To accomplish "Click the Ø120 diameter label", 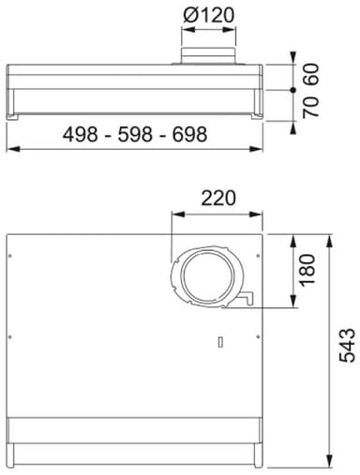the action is tap(208, 15).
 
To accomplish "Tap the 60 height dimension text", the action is tap(311, 74).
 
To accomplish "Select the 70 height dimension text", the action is tap(311, 107).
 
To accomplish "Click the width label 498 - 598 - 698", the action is tap(135, 134).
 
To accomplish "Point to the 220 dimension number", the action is tap(217, 198).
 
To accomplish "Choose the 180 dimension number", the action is tap(307, 270).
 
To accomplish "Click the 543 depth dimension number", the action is tap(347, 345).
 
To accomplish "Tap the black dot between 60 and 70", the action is tap(292, 90).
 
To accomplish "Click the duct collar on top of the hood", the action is tap(208, 56).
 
